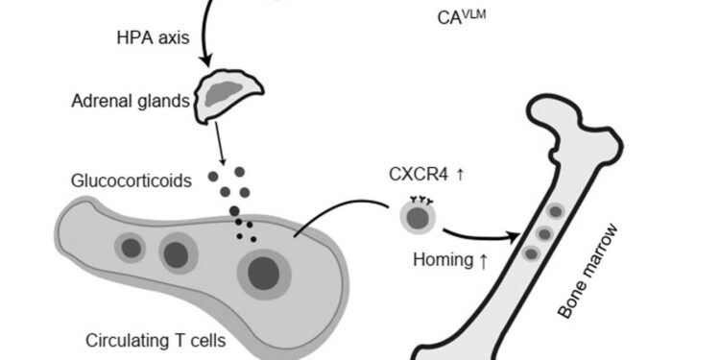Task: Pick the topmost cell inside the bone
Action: [x=554, y=211]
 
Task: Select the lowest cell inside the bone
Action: [x=531, y=253]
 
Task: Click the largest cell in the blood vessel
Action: [x=263, y=276]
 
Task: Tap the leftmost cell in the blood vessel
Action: [x=131, y=249]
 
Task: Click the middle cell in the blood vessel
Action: [x=176, y=253]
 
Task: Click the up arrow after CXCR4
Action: [x=462, y=174]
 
